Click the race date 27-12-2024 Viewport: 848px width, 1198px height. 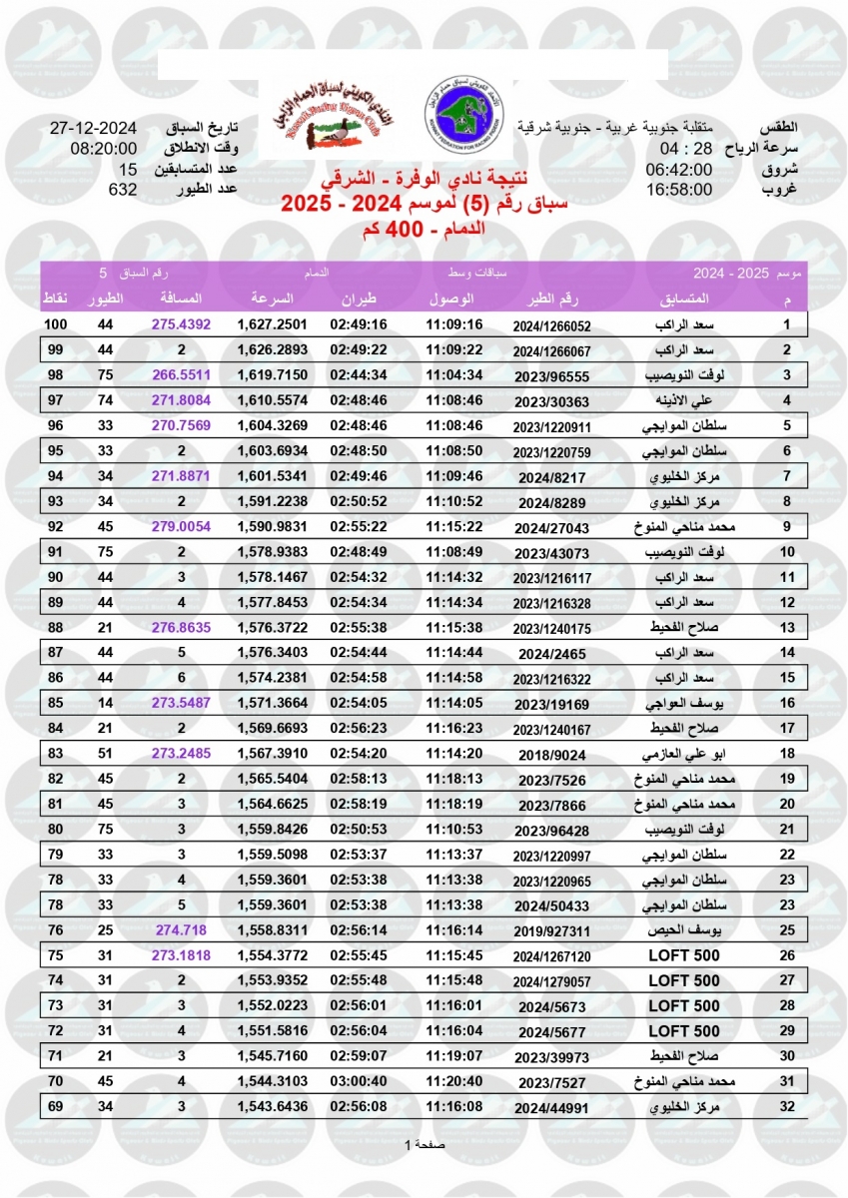pos(93,130)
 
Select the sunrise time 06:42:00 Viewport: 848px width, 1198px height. pos(678,170)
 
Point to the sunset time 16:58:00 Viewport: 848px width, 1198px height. pos(678,189)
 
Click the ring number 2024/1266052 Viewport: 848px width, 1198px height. pos(552,325)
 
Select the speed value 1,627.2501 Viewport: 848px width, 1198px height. pos(272,324)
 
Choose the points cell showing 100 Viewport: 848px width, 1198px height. pos(55,324)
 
